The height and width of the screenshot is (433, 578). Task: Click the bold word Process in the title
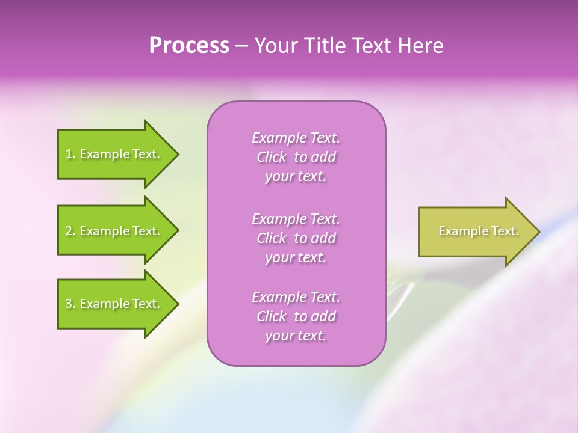[x=189, y=46]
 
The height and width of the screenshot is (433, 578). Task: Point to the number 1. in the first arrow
[x=70, y=154]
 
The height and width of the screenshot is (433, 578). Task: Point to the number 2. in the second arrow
[x=70, y=231]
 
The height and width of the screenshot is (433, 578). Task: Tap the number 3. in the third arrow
[x=70, y=304]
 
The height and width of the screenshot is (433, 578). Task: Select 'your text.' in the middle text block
[x=296, y=257]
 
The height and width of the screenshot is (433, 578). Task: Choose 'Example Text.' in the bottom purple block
[x=296, y=297]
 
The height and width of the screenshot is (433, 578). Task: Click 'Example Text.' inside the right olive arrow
[x=479, y=231]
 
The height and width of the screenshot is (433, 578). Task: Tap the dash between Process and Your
[x=241, y=46]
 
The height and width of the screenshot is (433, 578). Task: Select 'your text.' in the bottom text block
[x=296, y=336]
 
